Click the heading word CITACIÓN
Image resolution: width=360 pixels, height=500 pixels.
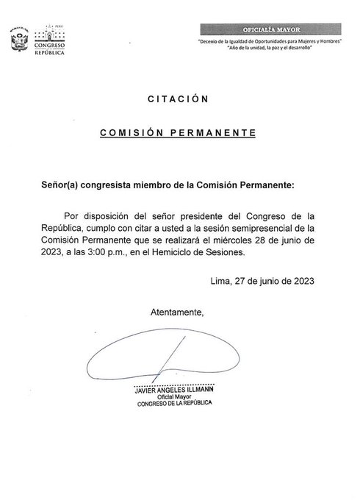click(x=179, y=99)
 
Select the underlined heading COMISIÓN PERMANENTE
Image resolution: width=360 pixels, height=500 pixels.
click(x=179, y=134)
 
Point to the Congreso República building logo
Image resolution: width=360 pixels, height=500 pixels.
click(x=51, y=40)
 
